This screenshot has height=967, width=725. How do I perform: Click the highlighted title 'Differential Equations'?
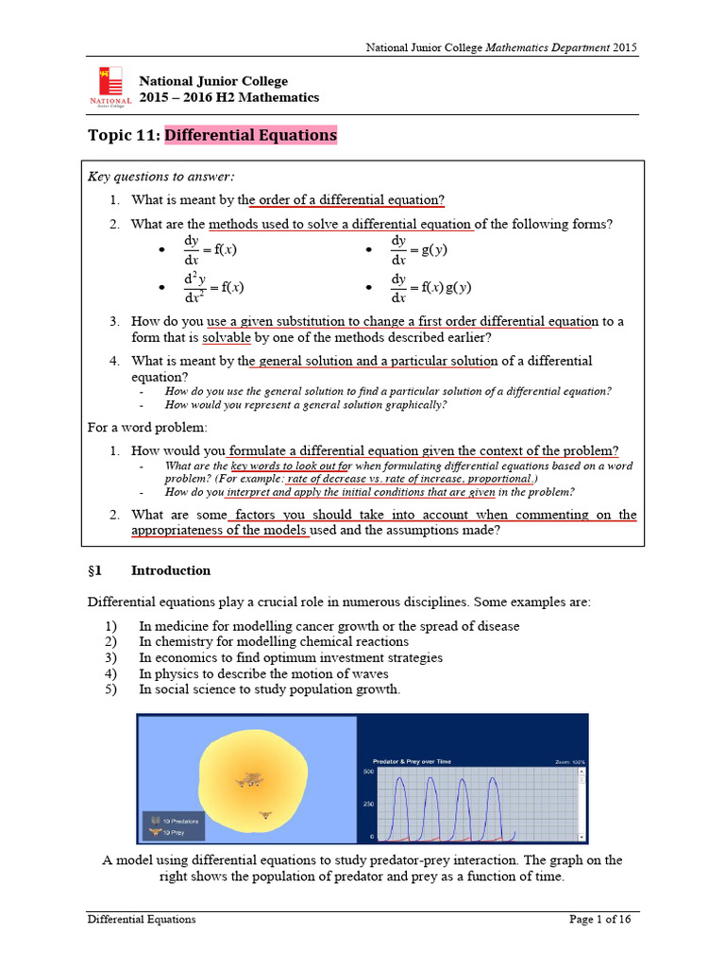(x=250, y=135)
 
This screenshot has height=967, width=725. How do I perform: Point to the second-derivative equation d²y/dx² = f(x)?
(x=207, y=287)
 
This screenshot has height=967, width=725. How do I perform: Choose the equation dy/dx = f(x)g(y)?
(x=430, y=287)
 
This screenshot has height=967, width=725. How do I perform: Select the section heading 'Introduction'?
(x=170, y=570)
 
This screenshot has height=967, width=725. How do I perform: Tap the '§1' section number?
(x=94, y=570)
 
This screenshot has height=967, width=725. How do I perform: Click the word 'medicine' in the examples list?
(x=178, y=626)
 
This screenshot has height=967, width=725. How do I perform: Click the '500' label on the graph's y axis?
(x=369, y=772)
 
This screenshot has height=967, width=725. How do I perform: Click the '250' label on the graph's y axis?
(x=369, y=804)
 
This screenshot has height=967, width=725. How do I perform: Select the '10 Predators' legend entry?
(x=171, y=822)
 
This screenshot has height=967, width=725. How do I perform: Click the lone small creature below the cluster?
(x=264, y=813)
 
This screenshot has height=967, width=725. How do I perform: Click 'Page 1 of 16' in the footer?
(x=599, y=919)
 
